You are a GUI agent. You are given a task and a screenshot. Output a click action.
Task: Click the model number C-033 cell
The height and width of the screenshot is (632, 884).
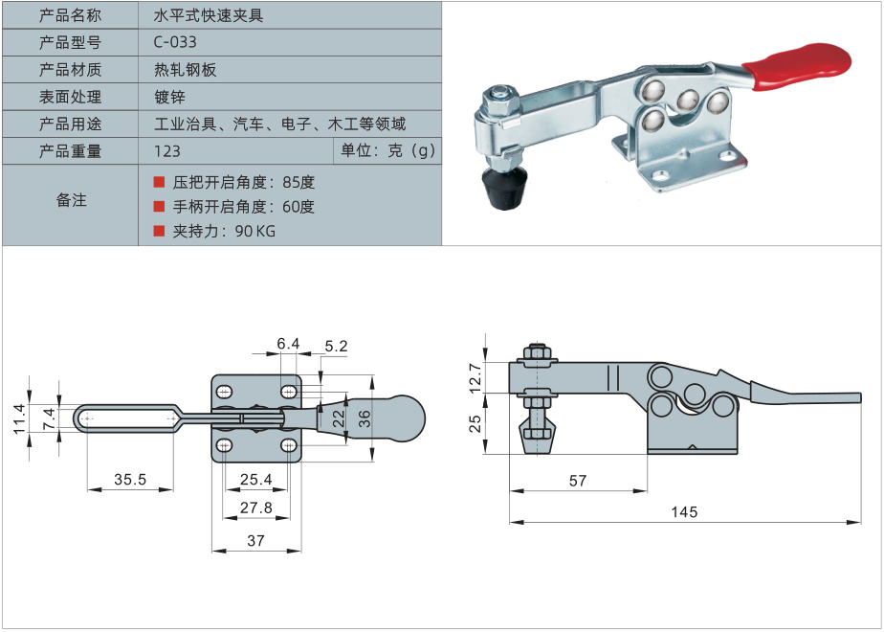[x=175, y=42]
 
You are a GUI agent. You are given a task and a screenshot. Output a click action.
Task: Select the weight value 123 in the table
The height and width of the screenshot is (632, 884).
[x=166, y=150]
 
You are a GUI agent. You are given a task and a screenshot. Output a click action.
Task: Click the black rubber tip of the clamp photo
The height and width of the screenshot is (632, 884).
[x=507, y=190]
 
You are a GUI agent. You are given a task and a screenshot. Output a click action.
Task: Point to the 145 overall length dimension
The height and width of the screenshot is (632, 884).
[x=683, y=512]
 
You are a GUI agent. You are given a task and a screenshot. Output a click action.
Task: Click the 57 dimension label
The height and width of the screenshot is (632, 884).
[x=577, y=481]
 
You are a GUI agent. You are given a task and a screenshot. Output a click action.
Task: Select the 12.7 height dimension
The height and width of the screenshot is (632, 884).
[x=476, y=376]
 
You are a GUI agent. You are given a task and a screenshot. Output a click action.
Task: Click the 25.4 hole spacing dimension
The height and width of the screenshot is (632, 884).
[x=255, y=479]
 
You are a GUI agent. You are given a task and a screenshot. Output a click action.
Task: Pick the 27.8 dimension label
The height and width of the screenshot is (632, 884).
[x=255, y=508]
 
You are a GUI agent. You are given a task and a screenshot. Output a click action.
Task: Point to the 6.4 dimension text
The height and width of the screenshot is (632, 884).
[x=288, y=343]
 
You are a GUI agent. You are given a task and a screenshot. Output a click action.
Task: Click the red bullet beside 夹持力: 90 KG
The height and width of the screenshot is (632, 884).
[x=159, y=231]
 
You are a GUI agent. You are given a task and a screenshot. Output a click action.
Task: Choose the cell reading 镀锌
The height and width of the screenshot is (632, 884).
[x=169, y=97]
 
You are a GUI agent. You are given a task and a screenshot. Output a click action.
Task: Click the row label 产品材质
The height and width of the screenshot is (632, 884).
[x=70, y=69]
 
